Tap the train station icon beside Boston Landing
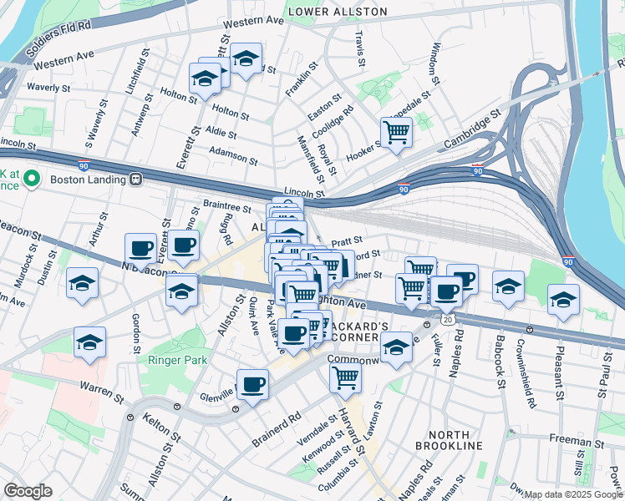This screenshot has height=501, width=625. [x=135, y=179]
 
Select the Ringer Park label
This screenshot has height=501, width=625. [x=177, y=361]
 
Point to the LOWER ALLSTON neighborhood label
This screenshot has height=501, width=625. [x=338, y=12]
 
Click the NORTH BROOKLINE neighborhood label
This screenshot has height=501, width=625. [x=455, y=440]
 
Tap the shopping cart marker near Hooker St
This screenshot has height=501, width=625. [x=396, y=131]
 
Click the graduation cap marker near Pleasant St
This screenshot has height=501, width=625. [x=564, y=298]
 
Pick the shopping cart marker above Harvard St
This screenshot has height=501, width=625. [x=346, y=377]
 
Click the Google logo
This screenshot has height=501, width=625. [x=28, y=491]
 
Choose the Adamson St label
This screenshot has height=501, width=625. [x=234, y=155]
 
